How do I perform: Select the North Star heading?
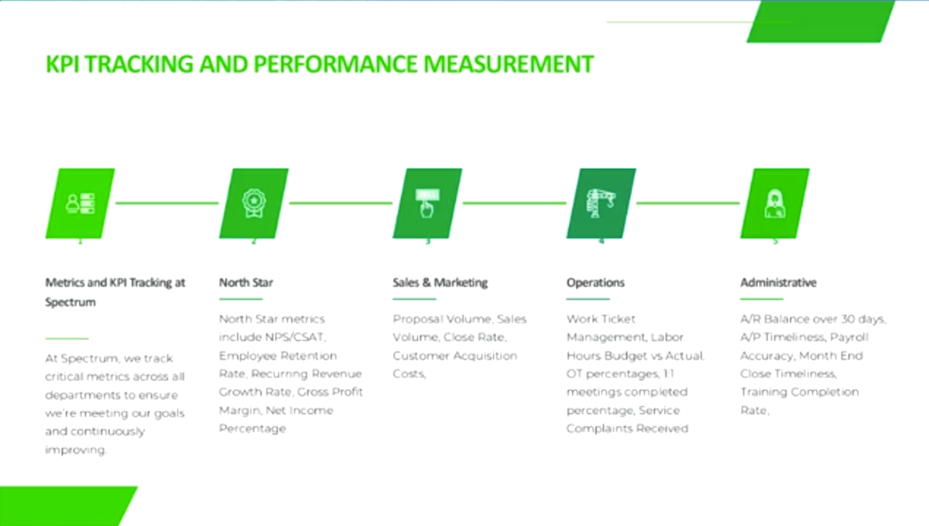coord(245,283)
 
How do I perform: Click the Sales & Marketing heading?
coord(440,283)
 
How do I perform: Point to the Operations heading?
coord(595,283)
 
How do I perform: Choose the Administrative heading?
coord(778,283)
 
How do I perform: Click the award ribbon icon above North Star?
coord(254,203)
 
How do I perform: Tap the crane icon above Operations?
coord(601,203)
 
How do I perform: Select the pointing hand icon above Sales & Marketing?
coord(427,203)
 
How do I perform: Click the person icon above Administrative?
coord(774,203)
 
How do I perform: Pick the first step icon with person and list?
coord(81,203)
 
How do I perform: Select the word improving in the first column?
coord(75,450)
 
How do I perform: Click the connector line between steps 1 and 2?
coord(166,203)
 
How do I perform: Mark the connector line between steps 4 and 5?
coord(687,203)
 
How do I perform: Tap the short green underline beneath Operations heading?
coord(588,299)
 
